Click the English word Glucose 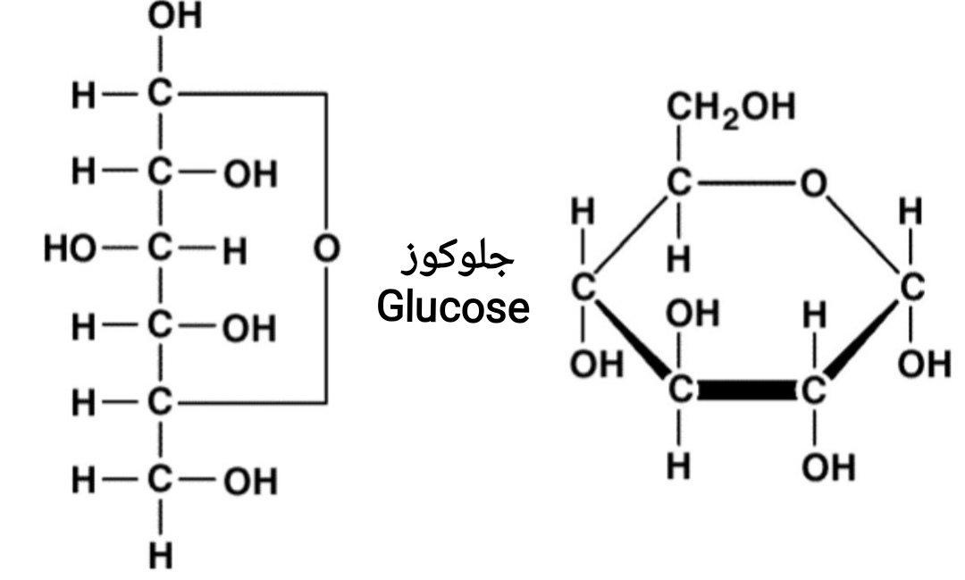click(453, 308)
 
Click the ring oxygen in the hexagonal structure click(812, 184)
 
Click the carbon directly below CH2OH click(679, 184)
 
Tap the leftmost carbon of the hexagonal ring click(583, 288)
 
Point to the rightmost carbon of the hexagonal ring click(910, 288)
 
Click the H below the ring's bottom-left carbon click(679, 467)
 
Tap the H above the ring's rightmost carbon click(910, 214)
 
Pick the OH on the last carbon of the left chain click(249, 483)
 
